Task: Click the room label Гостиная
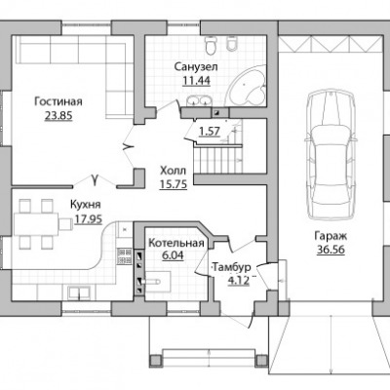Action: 58,101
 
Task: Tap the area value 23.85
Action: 58,116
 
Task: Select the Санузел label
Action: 196,67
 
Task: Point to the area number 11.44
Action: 196,81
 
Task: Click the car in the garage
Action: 331,155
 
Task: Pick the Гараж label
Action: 331,235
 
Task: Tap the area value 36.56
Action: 331,251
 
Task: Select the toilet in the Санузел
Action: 211,46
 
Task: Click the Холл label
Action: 174,171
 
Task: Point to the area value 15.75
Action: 174,184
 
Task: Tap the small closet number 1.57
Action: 210,132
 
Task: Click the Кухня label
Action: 86,205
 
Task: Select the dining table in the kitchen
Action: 36,224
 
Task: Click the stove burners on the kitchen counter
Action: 124,256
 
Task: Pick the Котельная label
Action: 176,243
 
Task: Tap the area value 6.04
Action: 173,255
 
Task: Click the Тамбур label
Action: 231,267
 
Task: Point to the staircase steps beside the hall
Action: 218,159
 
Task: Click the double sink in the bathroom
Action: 199,100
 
